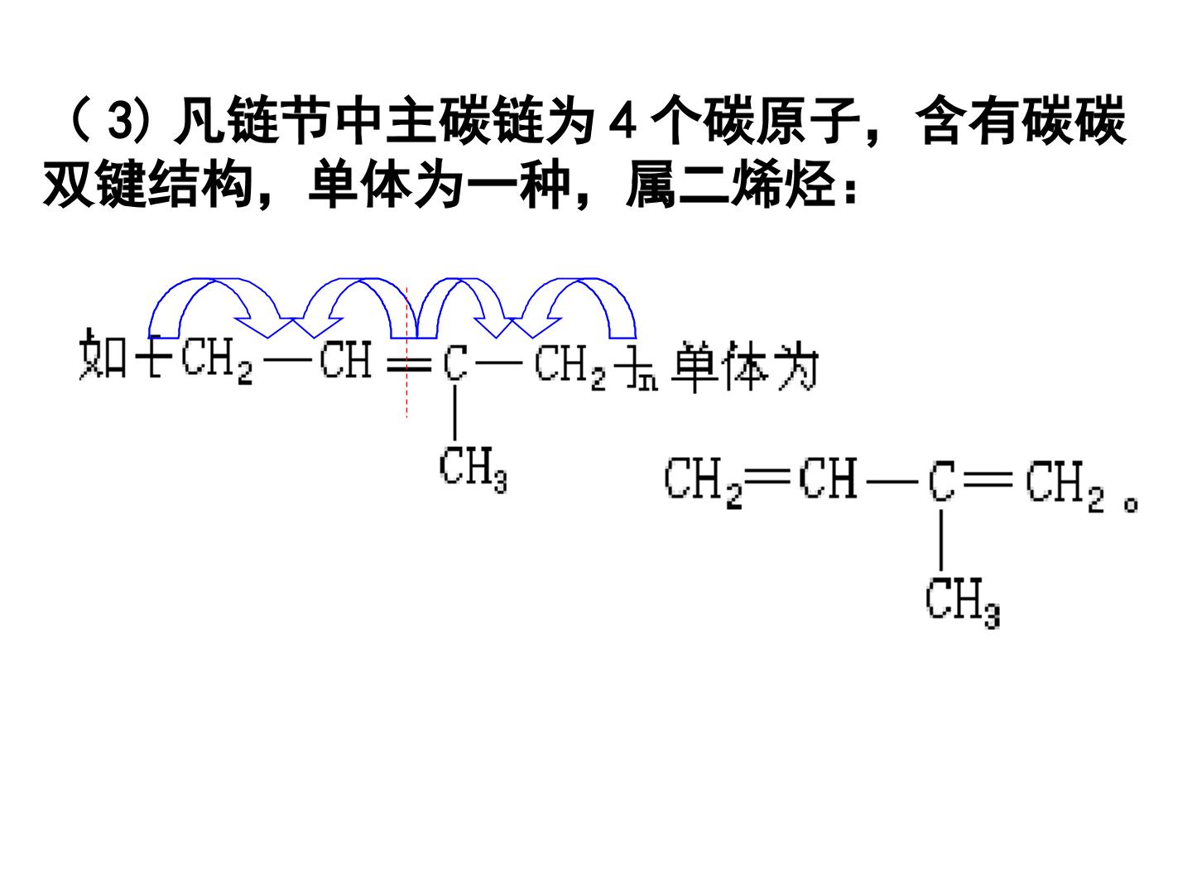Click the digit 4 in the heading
click(x=622, y=122)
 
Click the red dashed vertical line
click(x=406, y=353)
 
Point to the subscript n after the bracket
click(x=648, y=382)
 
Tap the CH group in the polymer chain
click(x=345, y=360)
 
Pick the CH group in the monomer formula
click(x=828, y=478)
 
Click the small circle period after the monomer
click(x=1131, y=505)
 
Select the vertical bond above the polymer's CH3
click(x=454, y=412)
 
